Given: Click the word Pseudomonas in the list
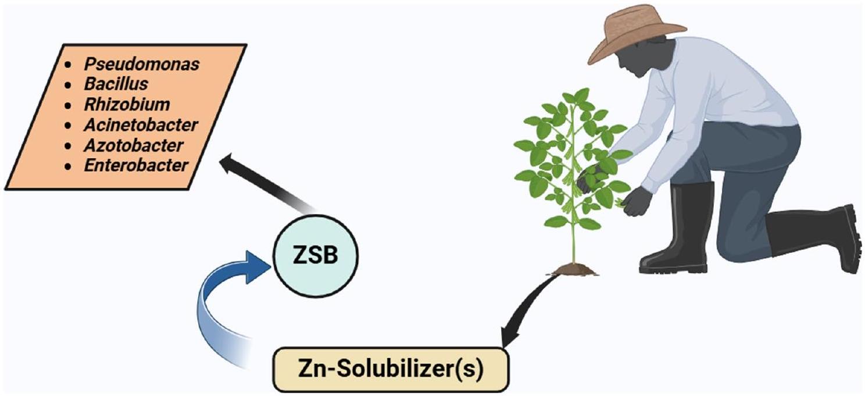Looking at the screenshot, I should [x=142, y=65].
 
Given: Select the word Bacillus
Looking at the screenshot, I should [x=116, y=84].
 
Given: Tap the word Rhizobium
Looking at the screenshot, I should [x=127, y=105].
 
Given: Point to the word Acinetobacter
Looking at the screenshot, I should [x=141, y=125].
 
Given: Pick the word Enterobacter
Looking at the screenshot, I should [x=136, y=165].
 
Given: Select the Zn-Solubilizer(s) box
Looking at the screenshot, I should [x=391, y=370].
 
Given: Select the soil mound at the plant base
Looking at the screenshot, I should [x=574, y=269].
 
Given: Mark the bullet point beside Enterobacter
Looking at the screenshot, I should [x=69, y=166].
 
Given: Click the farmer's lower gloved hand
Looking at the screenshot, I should [x=637, y=201].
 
